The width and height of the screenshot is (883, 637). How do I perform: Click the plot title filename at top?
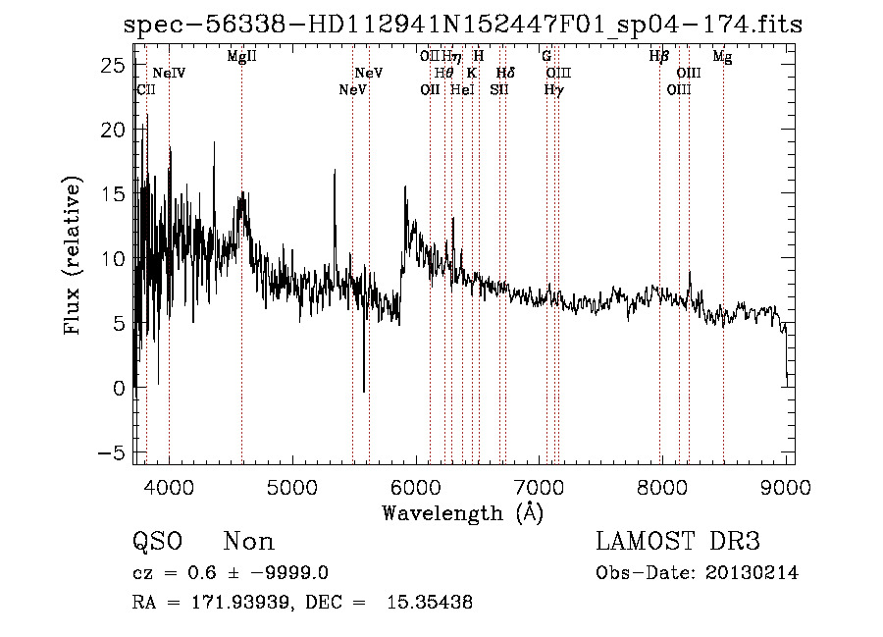point(463,25)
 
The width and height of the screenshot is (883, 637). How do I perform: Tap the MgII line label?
point(241,57)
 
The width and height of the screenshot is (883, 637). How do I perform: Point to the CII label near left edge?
point(145,90)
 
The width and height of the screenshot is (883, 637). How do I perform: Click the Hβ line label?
point(659,57)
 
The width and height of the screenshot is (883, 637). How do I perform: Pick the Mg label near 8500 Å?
point(722,57)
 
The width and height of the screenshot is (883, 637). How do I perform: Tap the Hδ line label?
point(505,74)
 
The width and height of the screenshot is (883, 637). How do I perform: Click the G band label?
point(546,57)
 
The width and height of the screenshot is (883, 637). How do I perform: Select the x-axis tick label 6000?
point(416,485)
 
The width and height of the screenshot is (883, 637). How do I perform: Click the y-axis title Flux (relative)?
point(74,255)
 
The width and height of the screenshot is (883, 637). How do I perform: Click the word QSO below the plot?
point(158,542)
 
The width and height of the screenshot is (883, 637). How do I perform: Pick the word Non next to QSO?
point(249,542)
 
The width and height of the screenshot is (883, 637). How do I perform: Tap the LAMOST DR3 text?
point(677,542)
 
